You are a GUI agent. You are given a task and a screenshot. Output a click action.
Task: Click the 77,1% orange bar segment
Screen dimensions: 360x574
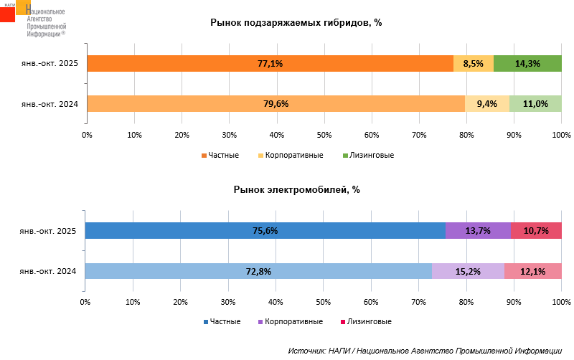(x=270, y=63)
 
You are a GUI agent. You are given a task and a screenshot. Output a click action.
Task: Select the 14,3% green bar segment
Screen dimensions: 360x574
(x=527, y=63)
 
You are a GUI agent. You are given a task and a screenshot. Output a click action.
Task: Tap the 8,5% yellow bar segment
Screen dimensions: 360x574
(x=474, y=63)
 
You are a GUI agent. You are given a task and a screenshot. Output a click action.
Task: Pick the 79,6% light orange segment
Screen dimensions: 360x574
(x=276, y=103)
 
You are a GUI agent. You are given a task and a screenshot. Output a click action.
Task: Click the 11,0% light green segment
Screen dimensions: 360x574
(x=535, y=103)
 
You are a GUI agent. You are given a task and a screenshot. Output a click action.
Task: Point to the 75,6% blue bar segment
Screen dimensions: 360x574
(x=265, y=231)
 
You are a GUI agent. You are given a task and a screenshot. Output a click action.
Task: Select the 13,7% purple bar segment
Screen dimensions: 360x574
(x=478, y=231)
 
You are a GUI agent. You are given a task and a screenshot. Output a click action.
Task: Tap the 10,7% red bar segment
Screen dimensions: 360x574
(x=536, y=231)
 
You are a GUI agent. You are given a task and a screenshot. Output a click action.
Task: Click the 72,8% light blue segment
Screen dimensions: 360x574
(x=258, y=271)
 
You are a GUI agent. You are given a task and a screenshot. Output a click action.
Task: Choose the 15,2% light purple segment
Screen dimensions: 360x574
(x=468, y=271)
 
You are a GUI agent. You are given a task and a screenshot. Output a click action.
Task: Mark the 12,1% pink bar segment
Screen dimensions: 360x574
(x=533, y=271)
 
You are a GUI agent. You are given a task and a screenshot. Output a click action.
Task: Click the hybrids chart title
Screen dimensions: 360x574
(x=296, y=22)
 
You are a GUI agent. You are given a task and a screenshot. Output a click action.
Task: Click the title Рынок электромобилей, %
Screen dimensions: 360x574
(x=296, y=190)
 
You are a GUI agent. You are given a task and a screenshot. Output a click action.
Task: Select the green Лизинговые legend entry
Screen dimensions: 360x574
(x=368, y=155)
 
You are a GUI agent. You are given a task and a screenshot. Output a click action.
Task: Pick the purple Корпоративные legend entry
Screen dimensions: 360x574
(x=290, y=322)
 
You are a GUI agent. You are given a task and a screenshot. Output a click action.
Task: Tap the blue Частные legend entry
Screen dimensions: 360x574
(x=222, y=322)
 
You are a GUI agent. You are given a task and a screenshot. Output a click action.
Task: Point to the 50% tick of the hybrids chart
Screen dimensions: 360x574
(x=324, y=135)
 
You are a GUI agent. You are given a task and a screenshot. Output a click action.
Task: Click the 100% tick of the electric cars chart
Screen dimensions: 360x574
(x=561, y=302)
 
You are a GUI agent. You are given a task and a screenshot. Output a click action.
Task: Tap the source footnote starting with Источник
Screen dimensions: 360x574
(x=425, y=351)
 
